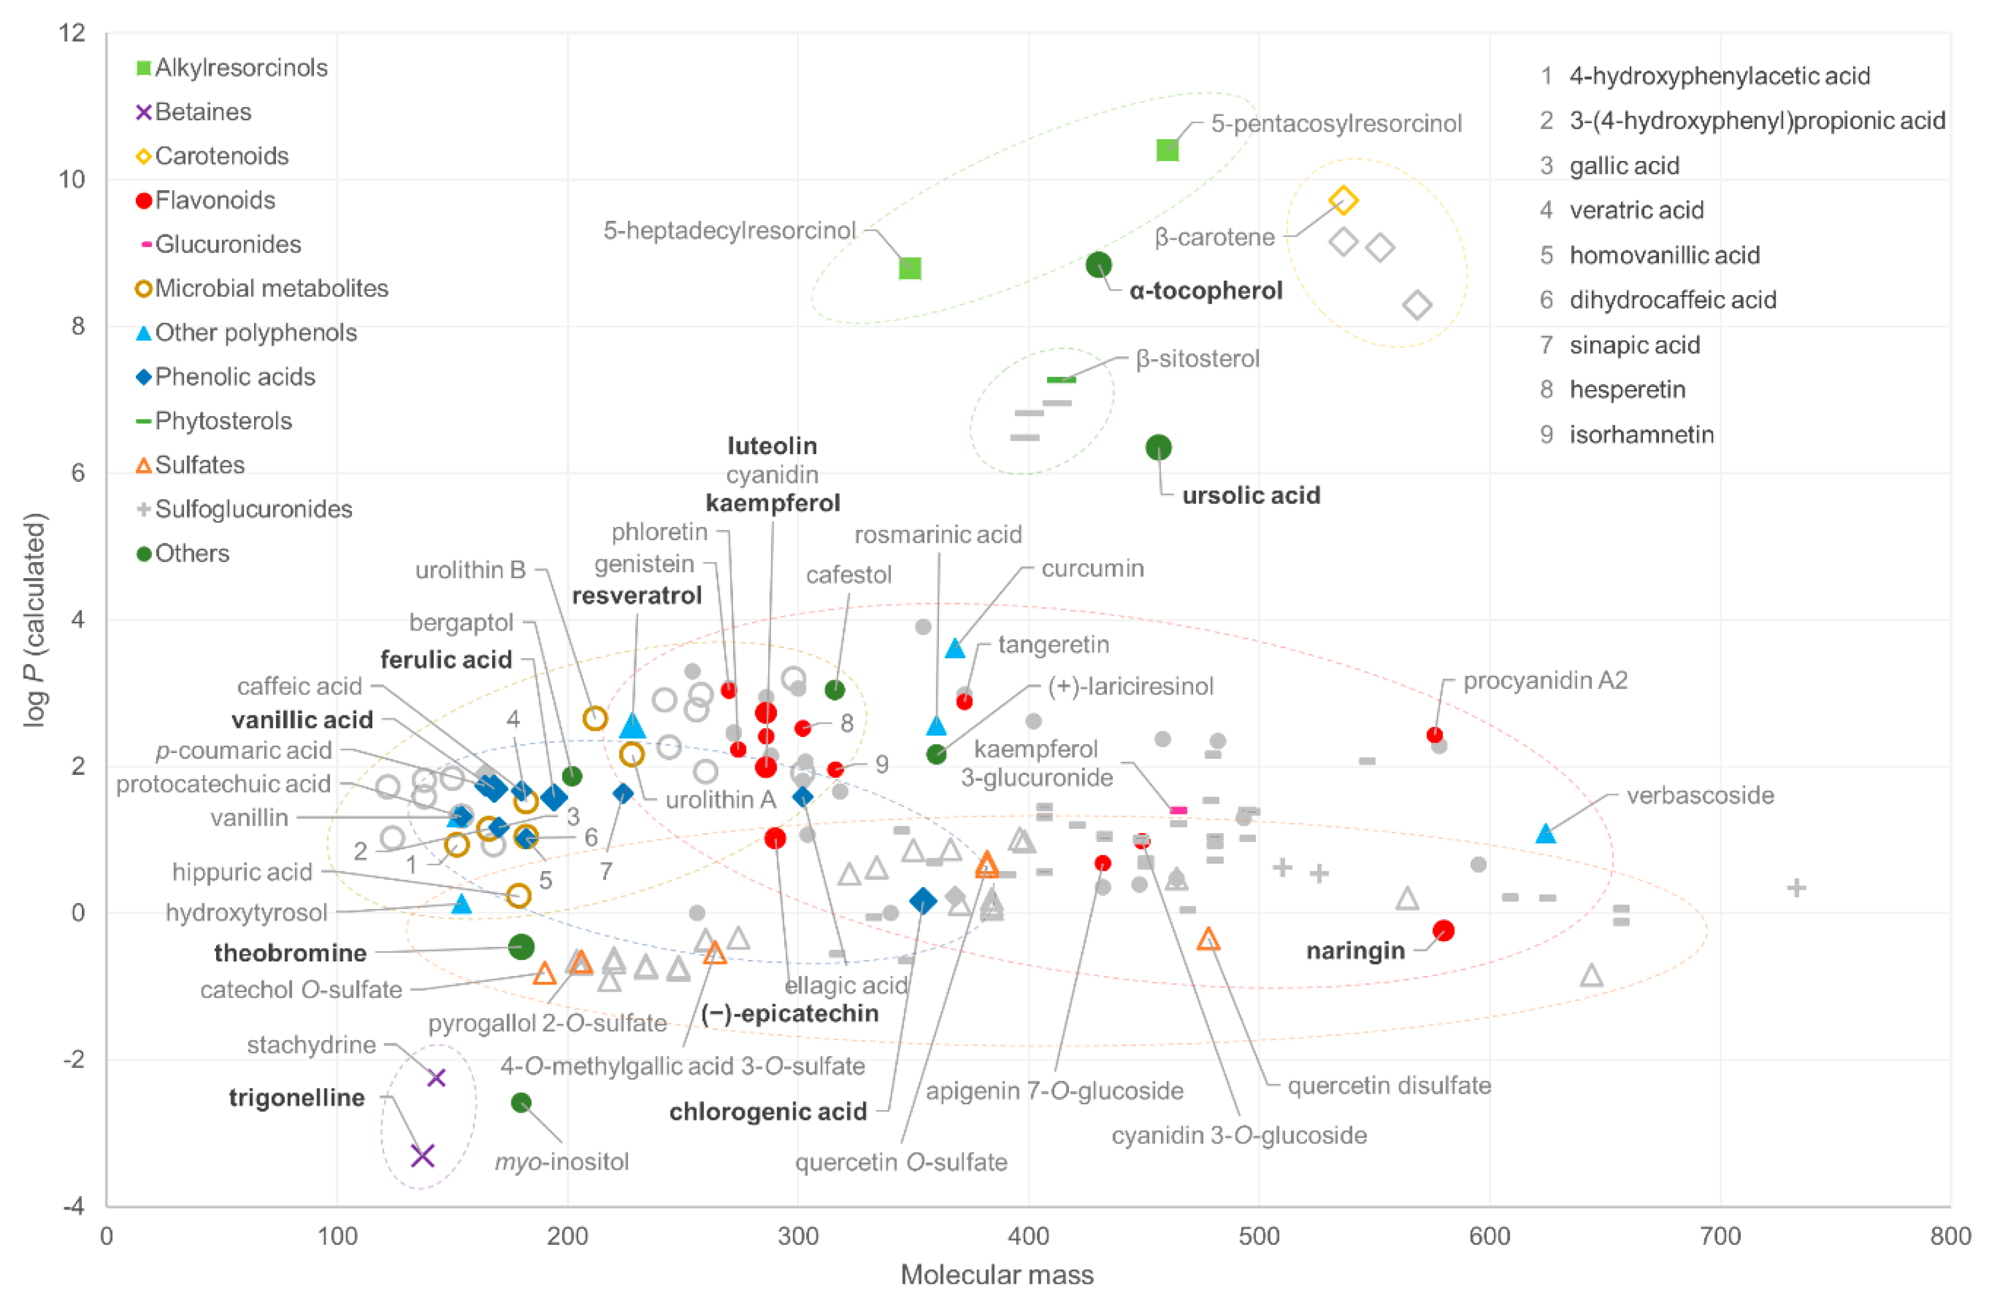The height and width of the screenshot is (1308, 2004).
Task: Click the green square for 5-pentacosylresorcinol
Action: [x=1167, y=150]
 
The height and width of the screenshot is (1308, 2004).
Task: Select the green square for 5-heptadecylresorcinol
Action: [x=909, y=268]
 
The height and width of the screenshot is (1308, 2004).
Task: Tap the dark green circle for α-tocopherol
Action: [x=1098, y=265]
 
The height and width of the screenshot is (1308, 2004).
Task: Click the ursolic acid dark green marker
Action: [x=1159, y=447]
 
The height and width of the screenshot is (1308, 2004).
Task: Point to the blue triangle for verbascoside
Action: [x=1545, y=833]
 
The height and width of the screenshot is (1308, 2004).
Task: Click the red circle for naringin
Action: [x=1443, y=930]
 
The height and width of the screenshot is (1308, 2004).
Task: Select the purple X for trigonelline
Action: [x=422, y=1155]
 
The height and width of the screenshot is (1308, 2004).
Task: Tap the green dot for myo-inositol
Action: [x=521, y=1103]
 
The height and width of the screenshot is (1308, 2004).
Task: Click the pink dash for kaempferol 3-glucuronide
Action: [x=1179, y=811]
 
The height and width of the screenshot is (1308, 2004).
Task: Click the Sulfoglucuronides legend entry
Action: [x=253, y=509]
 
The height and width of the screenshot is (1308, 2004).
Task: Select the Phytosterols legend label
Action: [x=223, y=421]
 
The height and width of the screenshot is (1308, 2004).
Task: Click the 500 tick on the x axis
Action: [x=1259, y=1236]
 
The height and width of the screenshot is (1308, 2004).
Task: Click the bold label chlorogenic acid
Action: [x=767, y=1112]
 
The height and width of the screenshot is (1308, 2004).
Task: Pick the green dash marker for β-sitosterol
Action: [x=1061, y=380]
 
